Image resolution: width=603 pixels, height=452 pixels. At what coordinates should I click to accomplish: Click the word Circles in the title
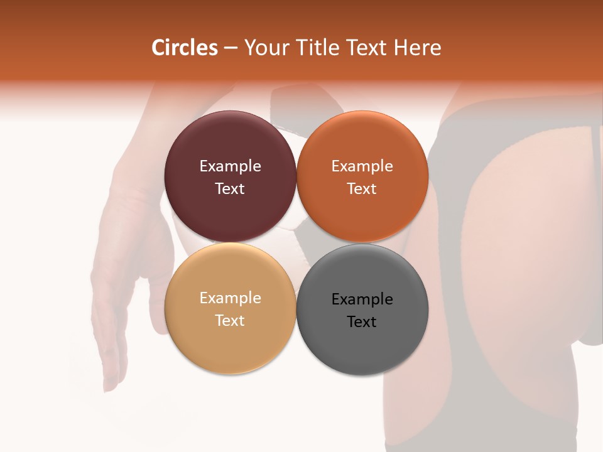pyautogui.click(x=185, y=48)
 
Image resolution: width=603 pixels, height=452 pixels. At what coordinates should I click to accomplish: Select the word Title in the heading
pyautogui.click(x=319, y=48)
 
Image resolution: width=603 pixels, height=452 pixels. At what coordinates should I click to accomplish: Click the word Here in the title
pyautogui.click(x=418, y=48)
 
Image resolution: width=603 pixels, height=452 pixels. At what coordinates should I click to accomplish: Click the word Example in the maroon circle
pyautogui.click(x=230, y=166)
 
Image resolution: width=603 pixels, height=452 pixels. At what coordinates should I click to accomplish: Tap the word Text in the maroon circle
pyautogui.click(x=230, y=188)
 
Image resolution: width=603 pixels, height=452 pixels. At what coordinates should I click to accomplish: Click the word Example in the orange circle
pyautogui.click(x=362, y=166)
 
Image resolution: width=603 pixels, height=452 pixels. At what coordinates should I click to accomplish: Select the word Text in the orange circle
pyautogui.click(x=362, y=188)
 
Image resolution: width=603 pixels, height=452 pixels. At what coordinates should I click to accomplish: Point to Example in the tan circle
pyautogui.click(x=230, y=298)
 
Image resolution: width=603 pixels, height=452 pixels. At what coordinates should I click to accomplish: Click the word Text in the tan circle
pyautogui.click(x=230, y=320)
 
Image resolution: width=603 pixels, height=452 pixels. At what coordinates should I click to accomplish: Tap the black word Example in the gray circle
pyautogui.click(x=362, y=299)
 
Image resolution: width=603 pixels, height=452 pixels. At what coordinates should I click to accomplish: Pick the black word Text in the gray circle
pyautogui.click(x=362, y=321)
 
